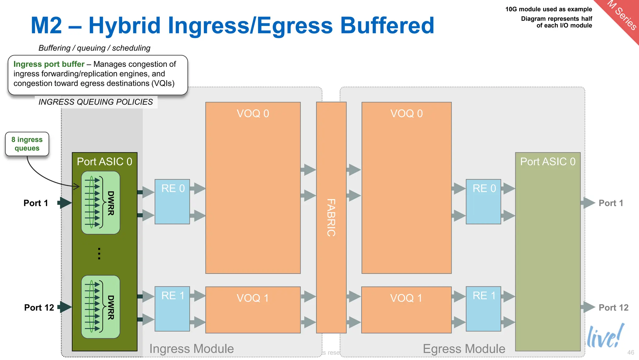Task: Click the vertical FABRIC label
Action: point(331,218)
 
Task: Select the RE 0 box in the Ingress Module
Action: point(172,201)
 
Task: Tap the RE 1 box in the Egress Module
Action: point(483,309)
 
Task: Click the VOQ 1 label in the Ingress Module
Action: point(253,298)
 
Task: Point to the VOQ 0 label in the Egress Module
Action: point(407,113)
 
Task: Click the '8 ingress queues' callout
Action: point(27,144)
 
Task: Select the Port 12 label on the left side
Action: point(39,308)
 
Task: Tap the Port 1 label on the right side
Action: point(611,203)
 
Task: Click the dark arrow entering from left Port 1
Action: point(65,203)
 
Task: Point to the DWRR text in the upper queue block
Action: point(111,203)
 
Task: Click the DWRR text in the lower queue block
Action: point(111,308)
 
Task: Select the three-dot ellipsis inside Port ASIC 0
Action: point(99,254)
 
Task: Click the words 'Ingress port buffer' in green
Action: point(49,64)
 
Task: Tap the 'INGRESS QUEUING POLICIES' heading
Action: point(95,102)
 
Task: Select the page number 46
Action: point(631,353)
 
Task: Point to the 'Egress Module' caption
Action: point(464,349)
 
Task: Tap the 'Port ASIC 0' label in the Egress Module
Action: point(548,162)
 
